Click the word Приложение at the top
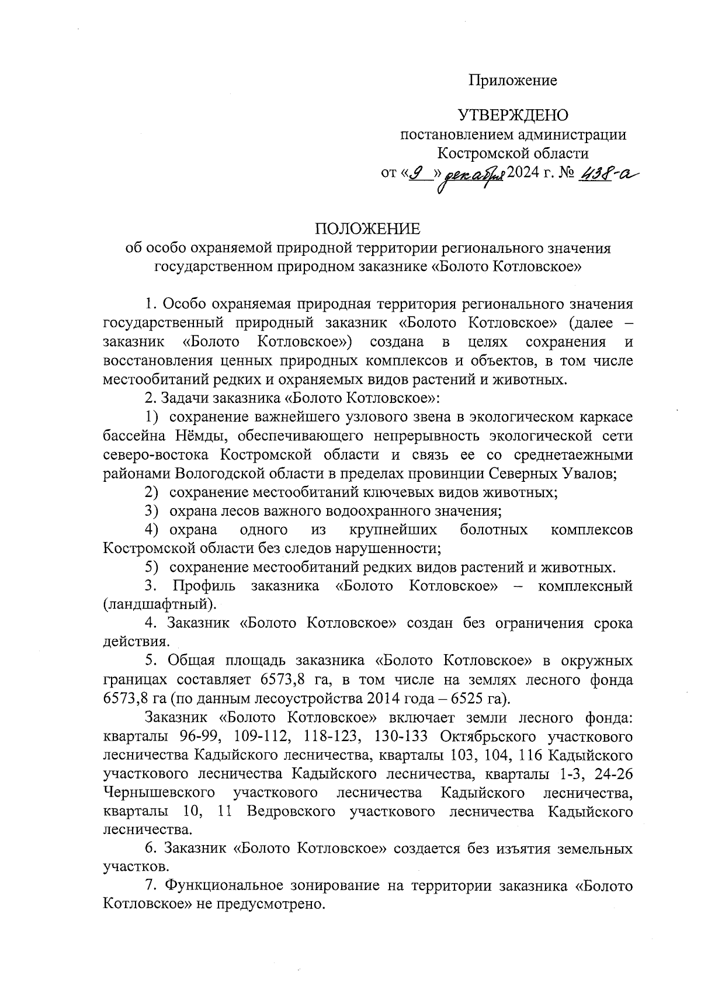513,81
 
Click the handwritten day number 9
417,173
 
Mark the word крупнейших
393,530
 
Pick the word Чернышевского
157,793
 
